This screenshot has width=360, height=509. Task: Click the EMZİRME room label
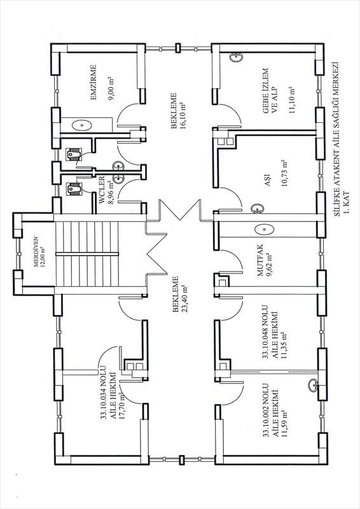coord(93,83)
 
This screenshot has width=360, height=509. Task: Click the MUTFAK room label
coord(260,261)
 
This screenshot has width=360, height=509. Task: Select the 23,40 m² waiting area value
coord(185,295)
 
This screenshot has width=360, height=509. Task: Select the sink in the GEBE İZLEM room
coord(236,57)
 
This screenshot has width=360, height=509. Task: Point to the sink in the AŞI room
coord(258,209)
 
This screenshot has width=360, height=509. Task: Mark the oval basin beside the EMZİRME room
coord(82,124)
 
